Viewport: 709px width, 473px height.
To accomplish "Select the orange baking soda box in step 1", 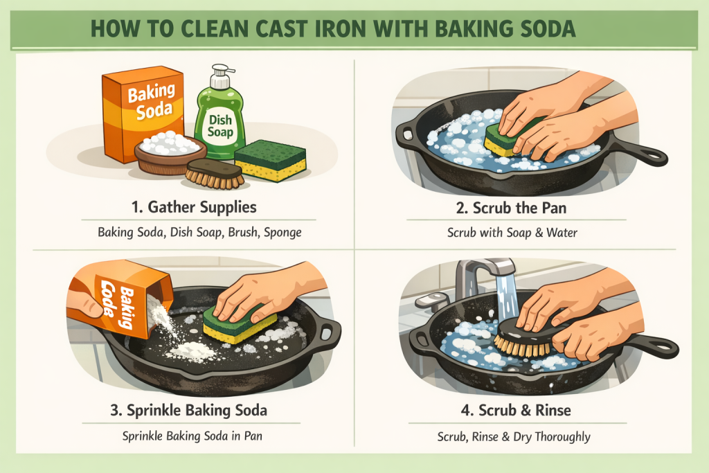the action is click(x=142, y=113).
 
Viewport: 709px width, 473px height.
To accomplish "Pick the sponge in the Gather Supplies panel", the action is click(x=271, y=160).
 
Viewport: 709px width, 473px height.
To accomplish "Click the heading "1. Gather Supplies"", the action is click(x=194, y=207).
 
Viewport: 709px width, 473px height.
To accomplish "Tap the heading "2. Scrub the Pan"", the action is click(x=511, y=208).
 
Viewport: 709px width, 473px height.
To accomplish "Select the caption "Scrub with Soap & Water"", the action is click(x=512, y=233).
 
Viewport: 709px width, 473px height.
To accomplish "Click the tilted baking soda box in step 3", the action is click(x=120, y=298).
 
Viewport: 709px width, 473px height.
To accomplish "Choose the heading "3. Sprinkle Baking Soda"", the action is click(x=188, y=410).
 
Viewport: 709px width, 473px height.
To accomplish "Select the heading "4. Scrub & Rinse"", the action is click(x=516, y=410).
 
